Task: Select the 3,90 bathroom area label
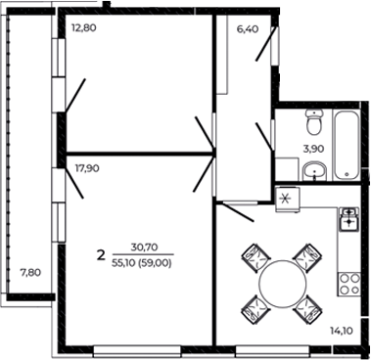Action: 312,149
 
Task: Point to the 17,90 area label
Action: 87,167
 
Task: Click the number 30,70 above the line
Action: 143,248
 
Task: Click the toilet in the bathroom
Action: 313,124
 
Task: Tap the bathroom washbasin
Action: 313,172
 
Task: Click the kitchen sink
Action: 348,220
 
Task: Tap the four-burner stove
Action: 348,285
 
